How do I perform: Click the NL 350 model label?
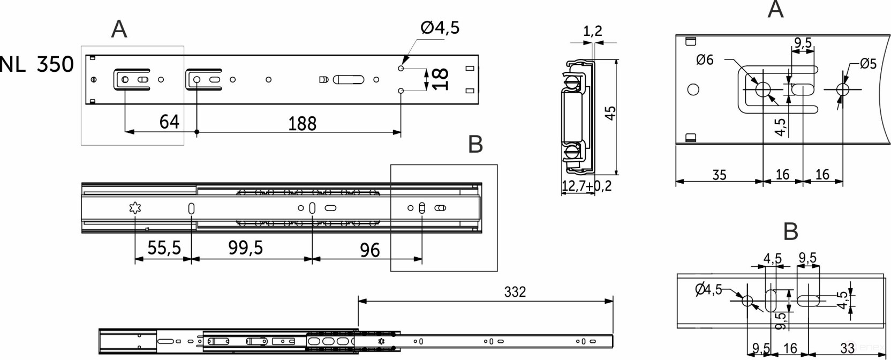[36, 64]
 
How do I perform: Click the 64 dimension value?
[169, 122]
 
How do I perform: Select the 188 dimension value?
[303, 124]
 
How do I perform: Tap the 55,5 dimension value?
[164, 248]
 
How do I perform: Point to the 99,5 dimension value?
[245, 248]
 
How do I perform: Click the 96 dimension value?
[370, 250]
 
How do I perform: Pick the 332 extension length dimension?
[515, 292]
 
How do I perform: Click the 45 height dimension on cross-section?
[610, 112]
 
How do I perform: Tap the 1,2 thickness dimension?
[593, 31]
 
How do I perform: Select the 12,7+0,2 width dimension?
[586, 186]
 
